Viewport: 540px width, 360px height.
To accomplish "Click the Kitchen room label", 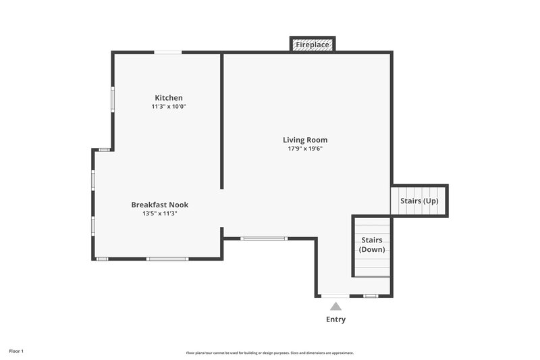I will (x=168, y=98).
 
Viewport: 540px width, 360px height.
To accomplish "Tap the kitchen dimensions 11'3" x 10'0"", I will (x=168, y=107).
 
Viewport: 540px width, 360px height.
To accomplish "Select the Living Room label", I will (x=305, y=140).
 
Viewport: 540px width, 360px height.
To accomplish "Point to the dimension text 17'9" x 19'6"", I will (x=305, y=149).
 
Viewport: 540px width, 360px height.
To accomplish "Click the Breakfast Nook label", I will (x=159, y=205).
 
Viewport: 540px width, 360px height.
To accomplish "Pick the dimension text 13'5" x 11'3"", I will (x=159, y=213).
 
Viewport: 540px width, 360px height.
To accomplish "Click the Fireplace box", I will (x=313, y=45).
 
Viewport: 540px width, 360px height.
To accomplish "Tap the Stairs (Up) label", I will (x=419, y=201).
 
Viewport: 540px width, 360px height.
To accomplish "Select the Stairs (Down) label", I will (x=372, y=245).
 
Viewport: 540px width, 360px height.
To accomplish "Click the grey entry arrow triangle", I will (x=335, y=306).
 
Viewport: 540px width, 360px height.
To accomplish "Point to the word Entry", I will (x=335, y=319).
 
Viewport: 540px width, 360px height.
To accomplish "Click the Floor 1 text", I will (x=16, y=351).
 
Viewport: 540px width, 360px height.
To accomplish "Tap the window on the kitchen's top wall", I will (x=167, y=52).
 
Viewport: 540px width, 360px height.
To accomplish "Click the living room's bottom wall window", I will (x=264, y=238).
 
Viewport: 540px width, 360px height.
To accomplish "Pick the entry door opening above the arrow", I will (x=335, y=296).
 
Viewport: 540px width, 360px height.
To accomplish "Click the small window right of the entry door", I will (x=370, y=296).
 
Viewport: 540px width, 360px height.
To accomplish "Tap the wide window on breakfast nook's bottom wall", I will (x=167, y=259).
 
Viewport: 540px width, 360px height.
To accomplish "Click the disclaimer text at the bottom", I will (x=270, y=353).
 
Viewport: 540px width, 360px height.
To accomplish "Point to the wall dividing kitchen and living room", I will (x=222, y=122).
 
